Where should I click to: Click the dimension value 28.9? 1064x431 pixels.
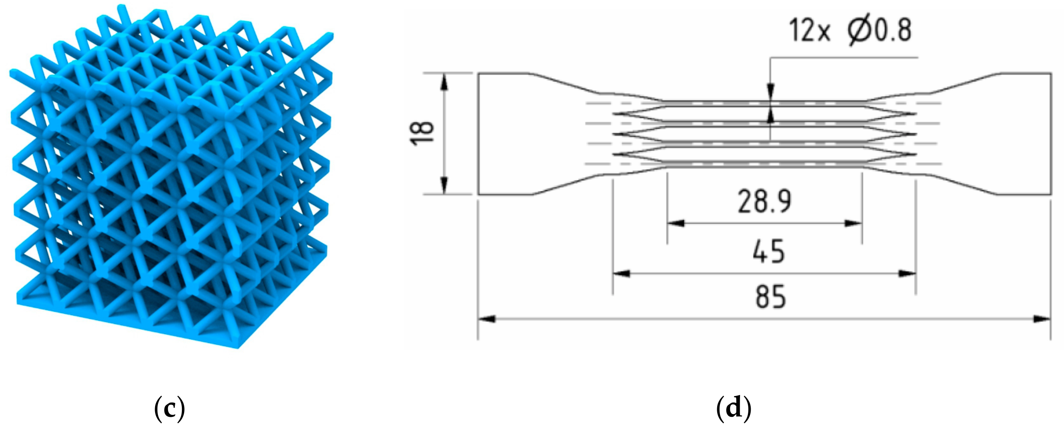click(x=764, y=202)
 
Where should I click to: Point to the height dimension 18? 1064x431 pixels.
click(x=422, y=133)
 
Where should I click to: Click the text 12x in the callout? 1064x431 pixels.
click(x=809, y=31)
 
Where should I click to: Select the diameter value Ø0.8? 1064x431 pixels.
click(x=880, y=31)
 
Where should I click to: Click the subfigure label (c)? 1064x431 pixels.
click(x=169, y=408)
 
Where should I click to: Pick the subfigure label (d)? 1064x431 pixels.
click(x=733, y=408)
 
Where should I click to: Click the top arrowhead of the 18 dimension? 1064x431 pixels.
click(x=444, y=83)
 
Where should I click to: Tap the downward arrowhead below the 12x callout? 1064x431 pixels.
click(x=770, y=91)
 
